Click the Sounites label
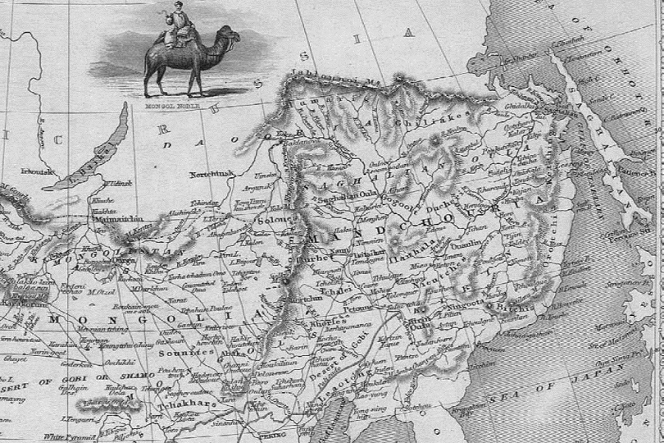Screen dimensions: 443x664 179,353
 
